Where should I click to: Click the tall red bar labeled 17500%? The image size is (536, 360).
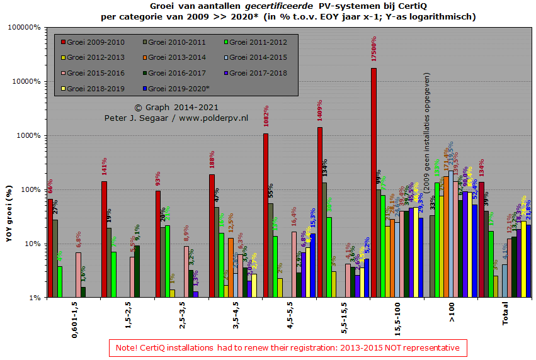pos(373,183)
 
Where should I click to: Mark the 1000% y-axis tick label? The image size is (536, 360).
pos(29,135)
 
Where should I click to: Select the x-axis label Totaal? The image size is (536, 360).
pos(506,313)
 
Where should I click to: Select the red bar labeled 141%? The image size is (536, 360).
pos(104,239)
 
